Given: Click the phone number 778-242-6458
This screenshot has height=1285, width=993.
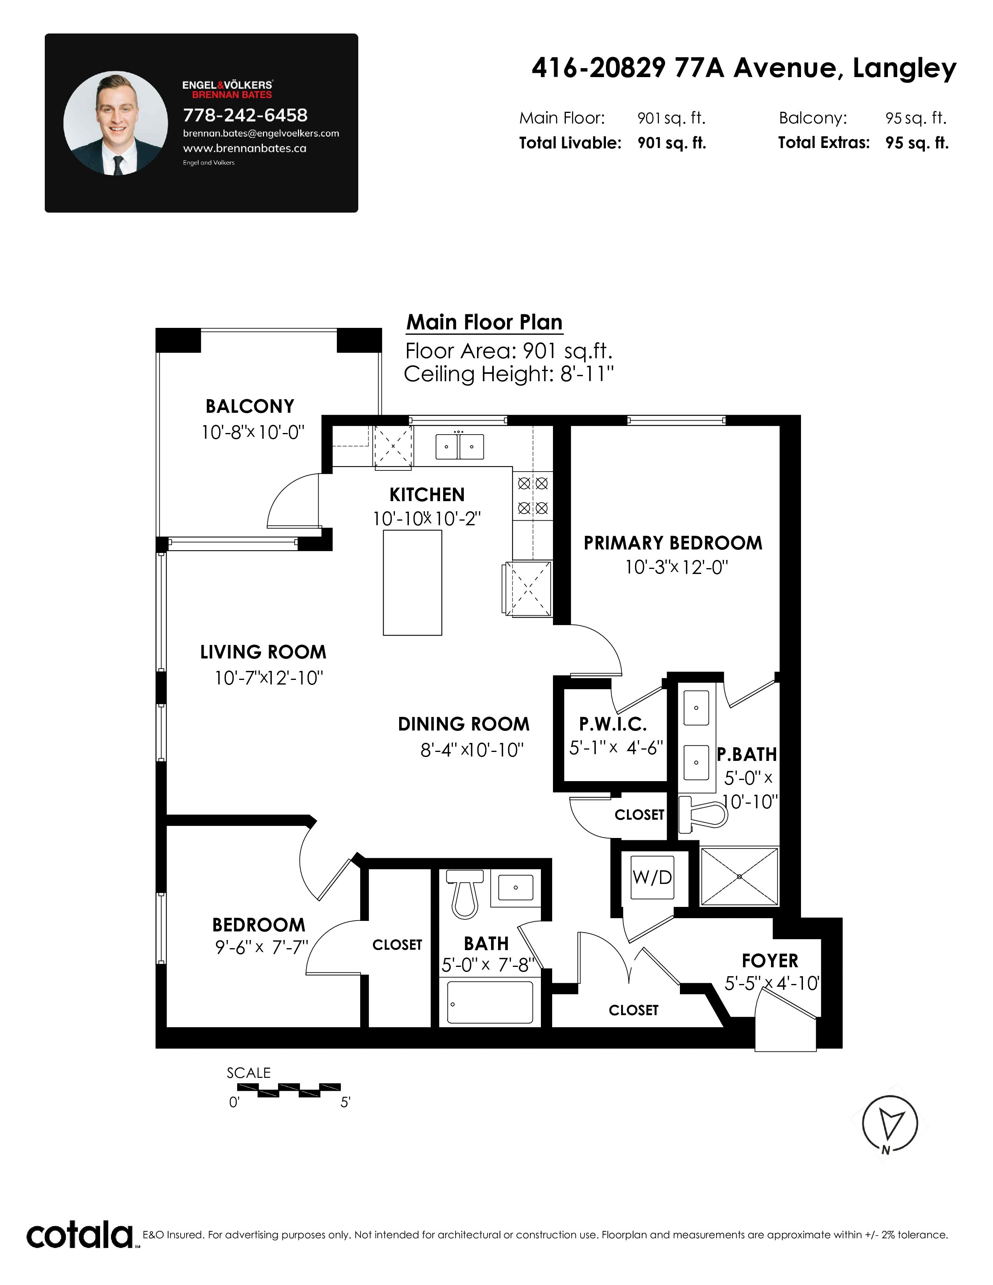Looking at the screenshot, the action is point(245,115).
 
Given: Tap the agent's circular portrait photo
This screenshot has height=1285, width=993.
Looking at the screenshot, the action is point(116,123).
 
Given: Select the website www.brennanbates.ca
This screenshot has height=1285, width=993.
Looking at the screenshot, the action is point(245,148).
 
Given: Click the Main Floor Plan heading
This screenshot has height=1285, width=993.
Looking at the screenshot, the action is point(484,322).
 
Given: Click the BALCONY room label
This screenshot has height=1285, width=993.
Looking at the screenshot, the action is point(250,407).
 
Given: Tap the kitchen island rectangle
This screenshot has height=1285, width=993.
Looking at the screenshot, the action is point(412,583).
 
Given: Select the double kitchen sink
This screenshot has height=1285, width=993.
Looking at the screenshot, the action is point(460,447).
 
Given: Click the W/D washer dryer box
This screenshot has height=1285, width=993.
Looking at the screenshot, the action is point(652,877).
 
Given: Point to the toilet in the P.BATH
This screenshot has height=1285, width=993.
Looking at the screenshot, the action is point(702,814).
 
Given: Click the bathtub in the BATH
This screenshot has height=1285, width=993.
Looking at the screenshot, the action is point(490,1002).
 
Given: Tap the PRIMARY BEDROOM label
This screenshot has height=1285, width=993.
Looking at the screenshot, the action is point(673,543).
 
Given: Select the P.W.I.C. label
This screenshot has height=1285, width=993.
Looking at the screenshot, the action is point(613,724).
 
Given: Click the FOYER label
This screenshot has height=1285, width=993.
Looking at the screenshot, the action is point(770,961).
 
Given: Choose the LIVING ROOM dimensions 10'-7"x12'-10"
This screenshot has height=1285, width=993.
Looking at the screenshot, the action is point(269,678).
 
